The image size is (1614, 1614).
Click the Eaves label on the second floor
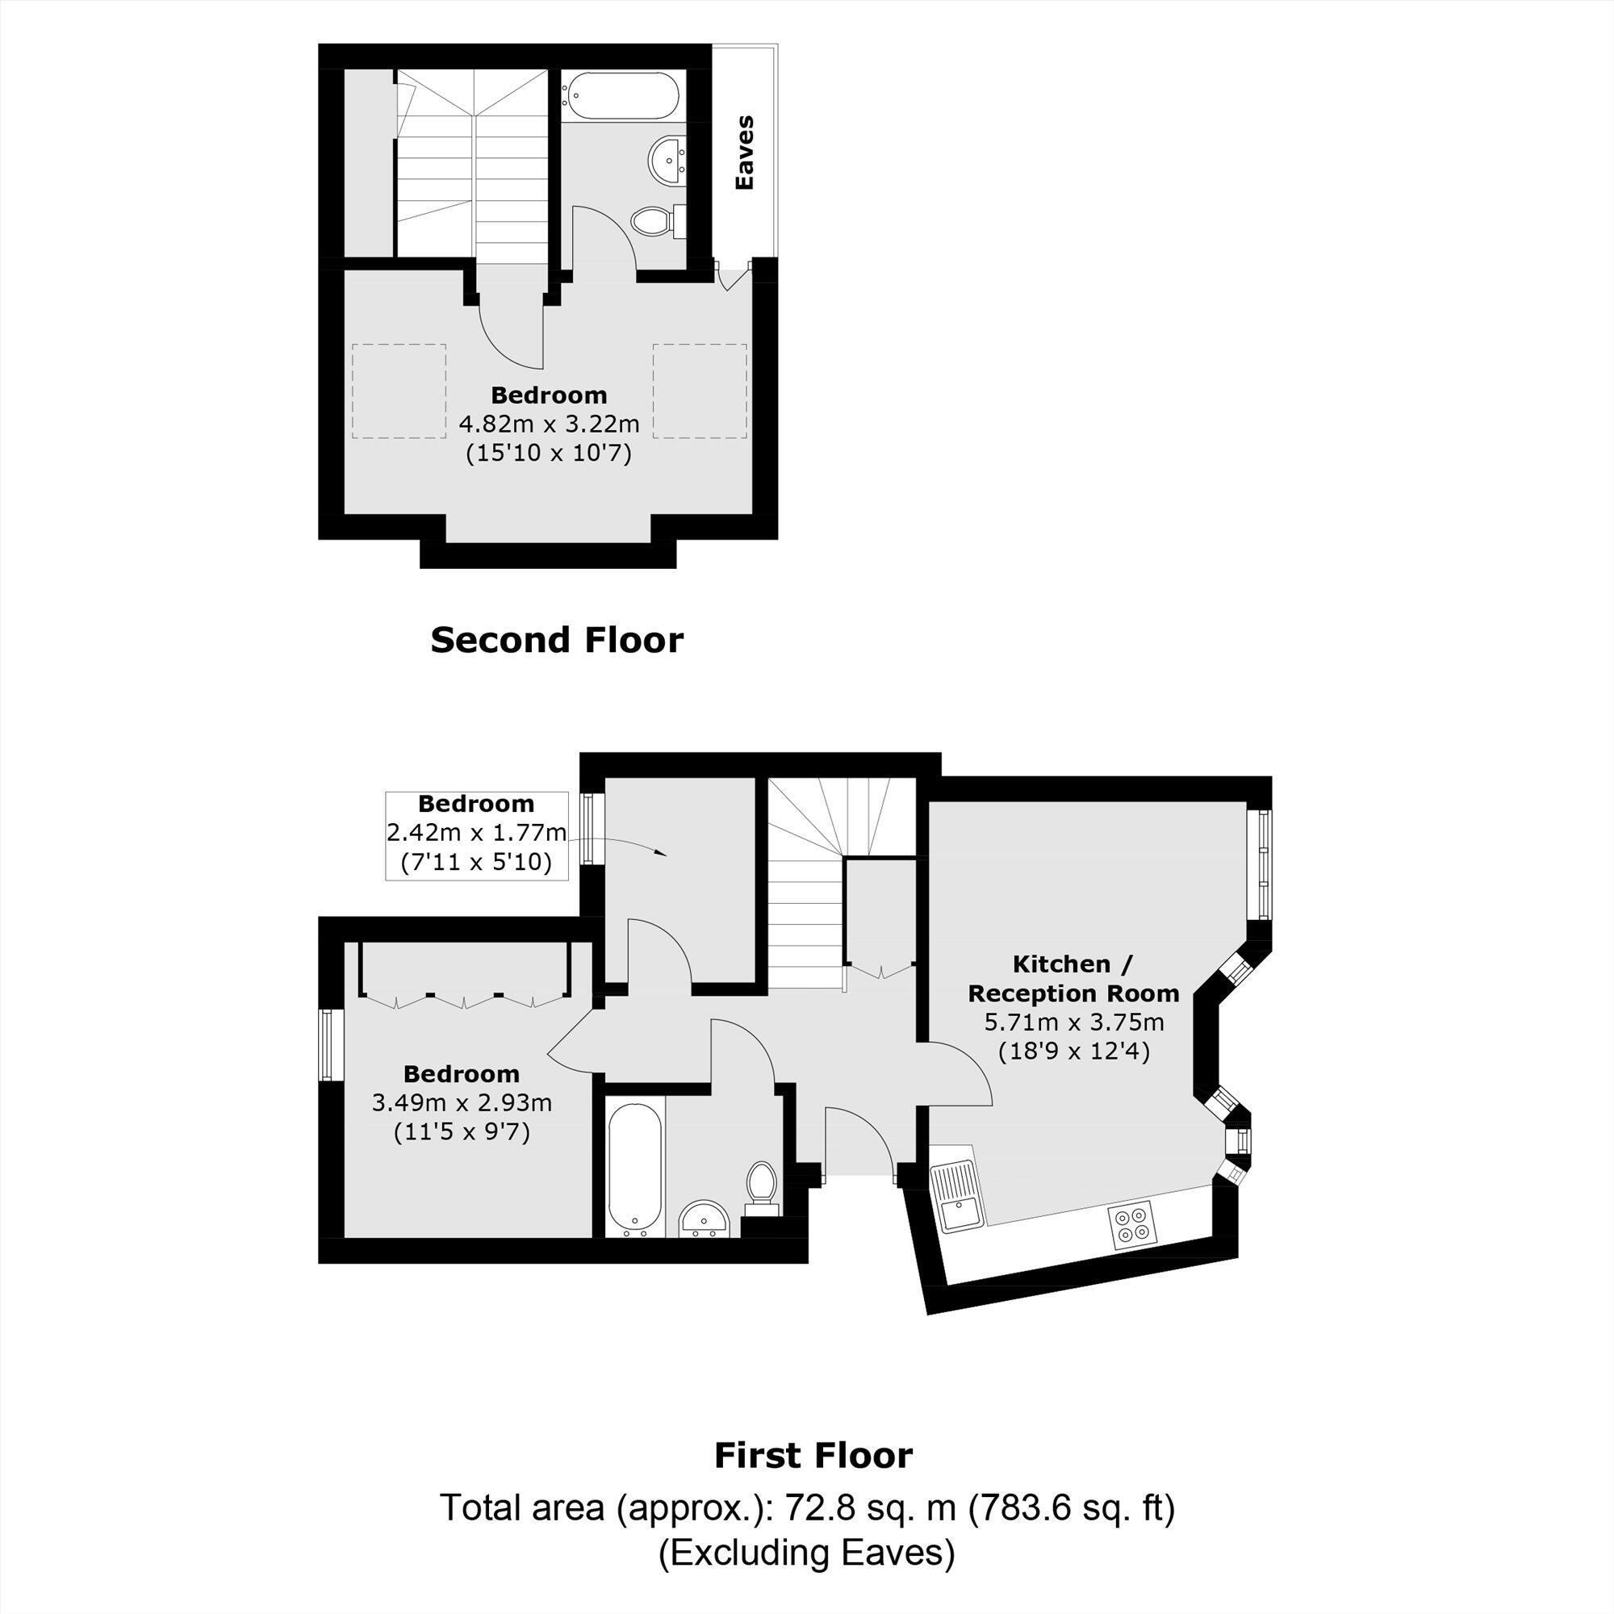pos(742,152)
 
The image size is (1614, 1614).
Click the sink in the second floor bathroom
pos(667,160)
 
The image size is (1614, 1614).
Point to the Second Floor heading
pos(556,640)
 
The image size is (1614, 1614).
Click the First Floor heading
pos(813,1455)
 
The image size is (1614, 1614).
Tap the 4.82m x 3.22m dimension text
pos(549,424)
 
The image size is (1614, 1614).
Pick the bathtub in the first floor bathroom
pos(636,1169)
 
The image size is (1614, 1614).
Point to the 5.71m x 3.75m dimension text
pos(1073,1021)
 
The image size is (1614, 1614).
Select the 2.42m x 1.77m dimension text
pos(476,833)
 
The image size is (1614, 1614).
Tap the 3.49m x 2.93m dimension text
pos(461,1102)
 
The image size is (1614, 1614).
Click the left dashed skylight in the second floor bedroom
pos(399,391)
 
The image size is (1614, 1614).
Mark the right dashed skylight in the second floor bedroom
pos(699,391)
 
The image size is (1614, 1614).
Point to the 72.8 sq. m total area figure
pos(863,1508)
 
